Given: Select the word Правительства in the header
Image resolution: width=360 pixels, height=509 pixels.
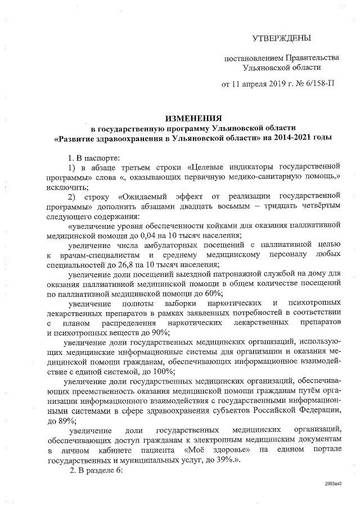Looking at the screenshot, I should (x=312, y=58).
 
